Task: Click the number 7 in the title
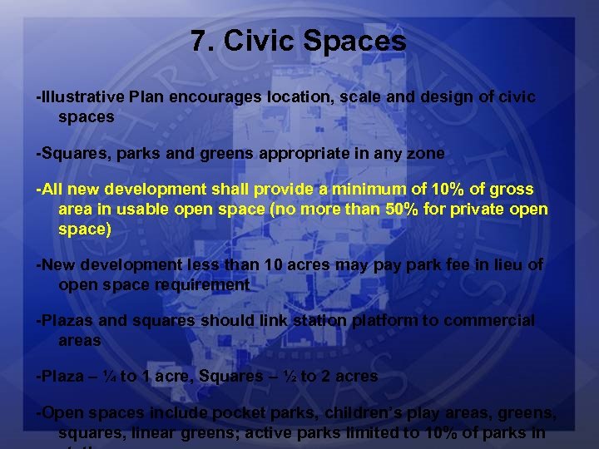coord(197,41)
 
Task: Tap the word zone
coord(427,153)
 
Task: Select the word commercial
coord(489,320)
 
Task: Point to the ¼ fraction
coord(109,376)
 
